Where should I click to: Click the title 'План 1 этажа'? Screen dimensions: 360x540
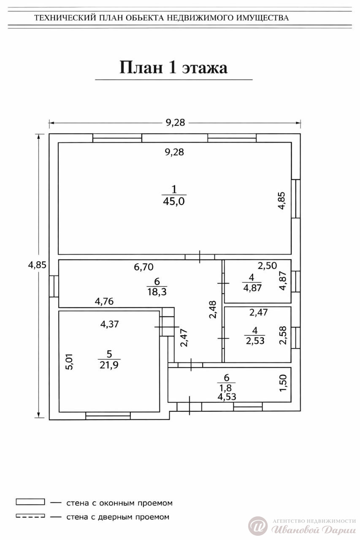pos(173,67)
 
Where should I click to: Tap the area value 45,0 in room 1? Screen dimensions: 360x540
pos(174,201)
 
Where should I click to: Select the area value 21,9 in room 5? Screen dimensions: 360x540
pos(109,365)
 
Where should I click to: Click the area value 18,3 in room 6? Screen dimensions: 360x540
pos(157,292)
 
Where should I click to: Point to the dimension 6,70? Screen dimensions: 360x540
pos(144,267)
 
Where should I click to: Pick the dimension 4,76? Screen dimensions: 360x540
pos(104,301)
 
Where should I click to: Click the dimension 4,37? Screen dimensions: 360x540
pos(109,324)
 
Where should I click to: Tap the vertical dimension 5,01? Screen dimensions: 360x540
pos(69,362)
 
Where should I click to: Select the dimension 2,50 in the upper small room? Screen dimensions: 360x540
pos(267,266)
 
